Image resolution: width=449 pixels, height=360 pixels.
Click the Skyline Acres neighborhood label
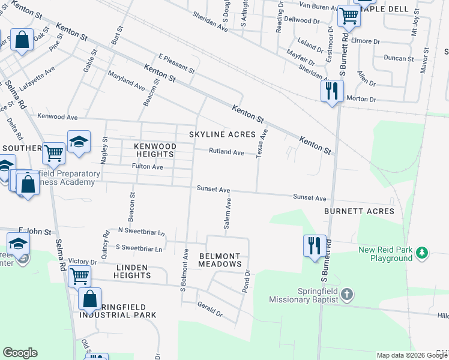click(222, 134)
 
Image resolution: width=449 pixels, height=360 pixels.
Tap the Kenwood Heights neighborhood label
click(155, 150)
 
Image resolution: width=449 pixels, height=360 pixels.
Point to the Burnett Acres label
click(359, 211)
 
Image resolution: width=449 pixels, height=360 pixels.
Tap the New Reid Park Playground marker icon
click(423, 254)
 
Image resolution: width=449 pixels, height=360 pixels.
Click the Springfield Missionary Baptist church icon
click(347, 295)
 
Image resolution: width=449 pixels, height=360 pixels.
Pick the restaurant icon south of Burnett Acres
click(315, 245)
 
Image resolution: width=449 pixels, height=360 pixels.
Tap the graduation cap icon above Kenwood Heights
click(79, 142)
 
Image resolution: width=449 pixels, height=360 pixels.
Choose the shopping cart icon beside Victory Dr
click(79, 277)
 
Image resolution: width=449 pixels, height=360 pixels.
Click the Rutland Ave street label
click(226, 152)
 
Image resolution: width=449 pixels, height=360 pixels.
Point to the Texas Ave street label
click(261, 145)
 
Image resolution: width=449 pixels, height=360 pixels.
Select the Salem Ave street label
click(228, 213)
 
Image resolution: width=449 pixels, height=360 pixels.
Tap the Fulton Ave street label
click(148, 167)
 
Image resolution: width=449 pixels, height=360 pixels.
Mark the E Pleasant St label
click(176, 64)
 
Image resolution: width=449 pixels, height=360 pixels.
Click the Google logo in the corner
click(20, 353)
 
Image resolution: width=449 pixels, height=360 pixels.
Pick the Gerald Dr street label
click(209, 309)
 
